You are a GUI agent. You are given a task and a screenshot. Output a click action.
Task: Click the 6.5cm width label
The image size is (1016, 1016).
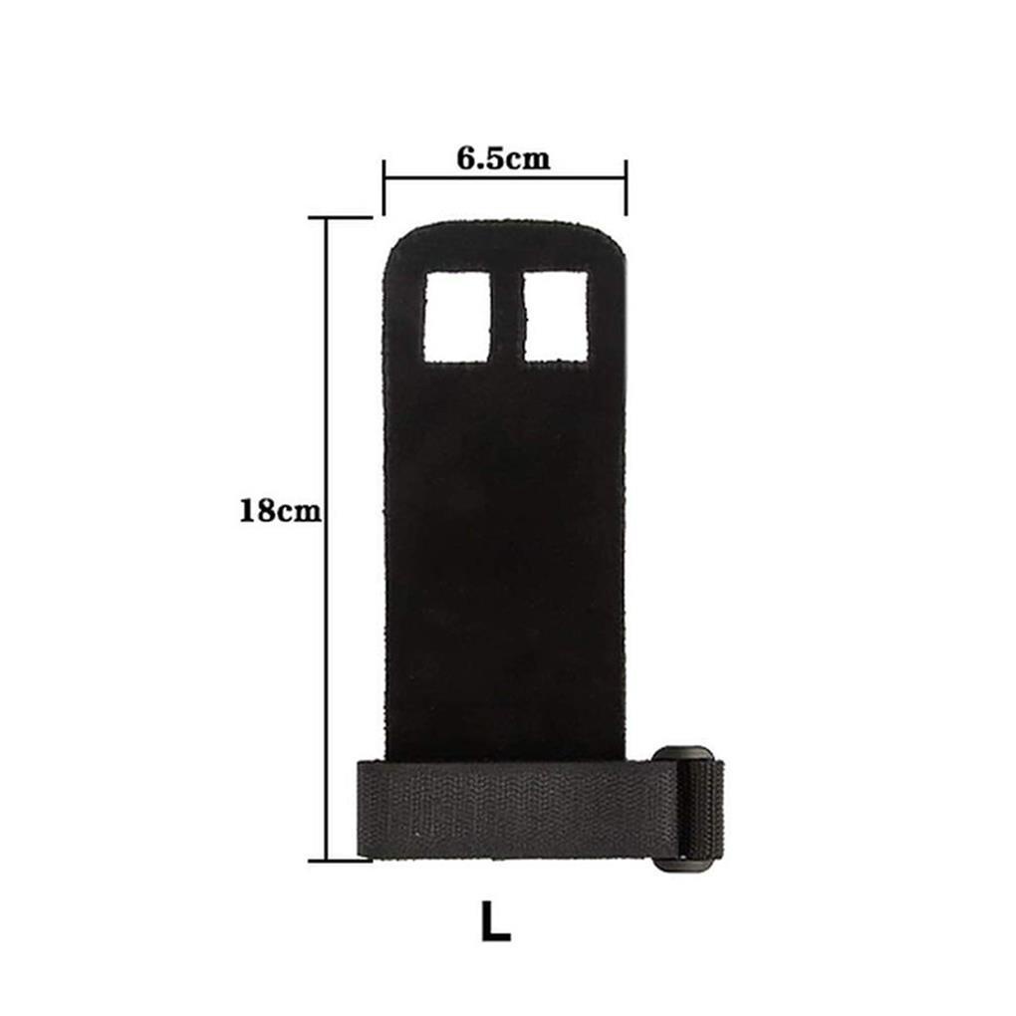[x=503, y=158]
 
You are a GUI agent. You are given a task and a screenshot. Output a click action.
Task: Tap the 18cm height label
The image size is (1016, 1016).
[x=280, y=511]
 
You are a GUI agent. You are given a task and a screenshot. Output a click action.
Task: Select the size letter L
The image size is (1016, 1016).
[x=496, y=920]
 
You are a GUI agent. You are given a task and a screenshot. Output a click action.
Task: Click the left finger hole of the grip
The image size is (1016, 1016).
[x=457, y=316]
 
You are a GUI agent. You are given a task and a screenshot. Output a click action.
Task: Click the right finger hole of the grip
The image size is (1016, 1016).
[x=556, y=316]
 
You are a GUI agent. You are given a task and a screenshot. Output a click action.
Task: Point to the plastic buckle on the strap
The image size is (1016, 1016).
[x=685, y=809]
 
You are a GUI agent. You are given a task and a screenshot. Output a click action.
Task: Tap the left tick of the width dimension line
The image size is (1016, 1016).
[x=384, y=187]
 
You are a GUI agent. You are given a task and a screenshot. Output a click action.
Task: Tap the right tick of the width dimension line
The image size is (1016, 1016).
[x=626, y=187]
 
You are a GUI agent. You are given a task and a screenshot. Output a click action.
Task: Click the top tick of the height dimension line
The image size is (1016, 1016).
[x=341, y=218]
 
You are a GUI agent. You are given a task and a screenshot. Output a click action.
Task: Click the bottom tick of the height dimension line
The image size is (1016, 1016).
[x=341, y=861]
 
